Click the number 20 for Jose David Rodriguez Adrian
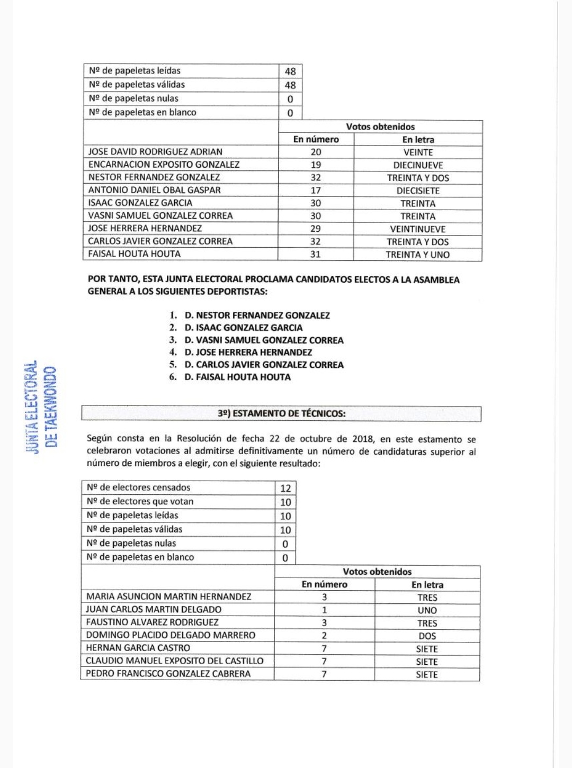tap(316, 152)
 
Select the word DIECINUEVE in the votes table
tap(418, 165)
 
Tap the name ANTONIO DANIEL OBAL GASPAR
tap(154, 190)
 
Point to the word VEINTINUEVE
tap(418, 229)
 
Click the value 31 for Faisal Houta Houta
tap(316, 254)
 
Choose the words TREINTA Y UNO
tap(417, 255)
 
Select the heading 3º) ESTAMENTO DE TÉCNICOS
tap(281, 413)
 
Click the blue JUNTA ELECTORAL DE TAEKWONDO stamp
tap(41, 408)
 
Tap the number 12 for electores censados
tap(285, 488)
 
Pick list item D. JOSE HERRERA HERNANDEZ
tap(248, 353)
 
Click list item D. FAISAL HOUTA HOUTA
tap(237, 377)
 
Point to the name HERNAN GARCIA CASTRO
tap(138, 648)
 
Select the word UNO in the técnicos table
tap(427, 610)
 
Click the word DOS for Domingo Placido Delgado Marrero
tap(427, 636)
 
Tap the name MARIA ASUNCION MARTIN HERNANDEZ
tap(168, 597)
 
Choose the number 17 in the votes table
tap(316, 191)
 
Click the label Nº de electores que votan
tap(140, 501)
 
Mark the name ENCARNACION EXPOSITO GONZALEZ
tap(164, 165)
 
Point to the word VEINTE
tap(418, 152)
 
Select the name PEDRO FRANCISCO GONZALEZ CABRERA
tap(168, 674)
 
